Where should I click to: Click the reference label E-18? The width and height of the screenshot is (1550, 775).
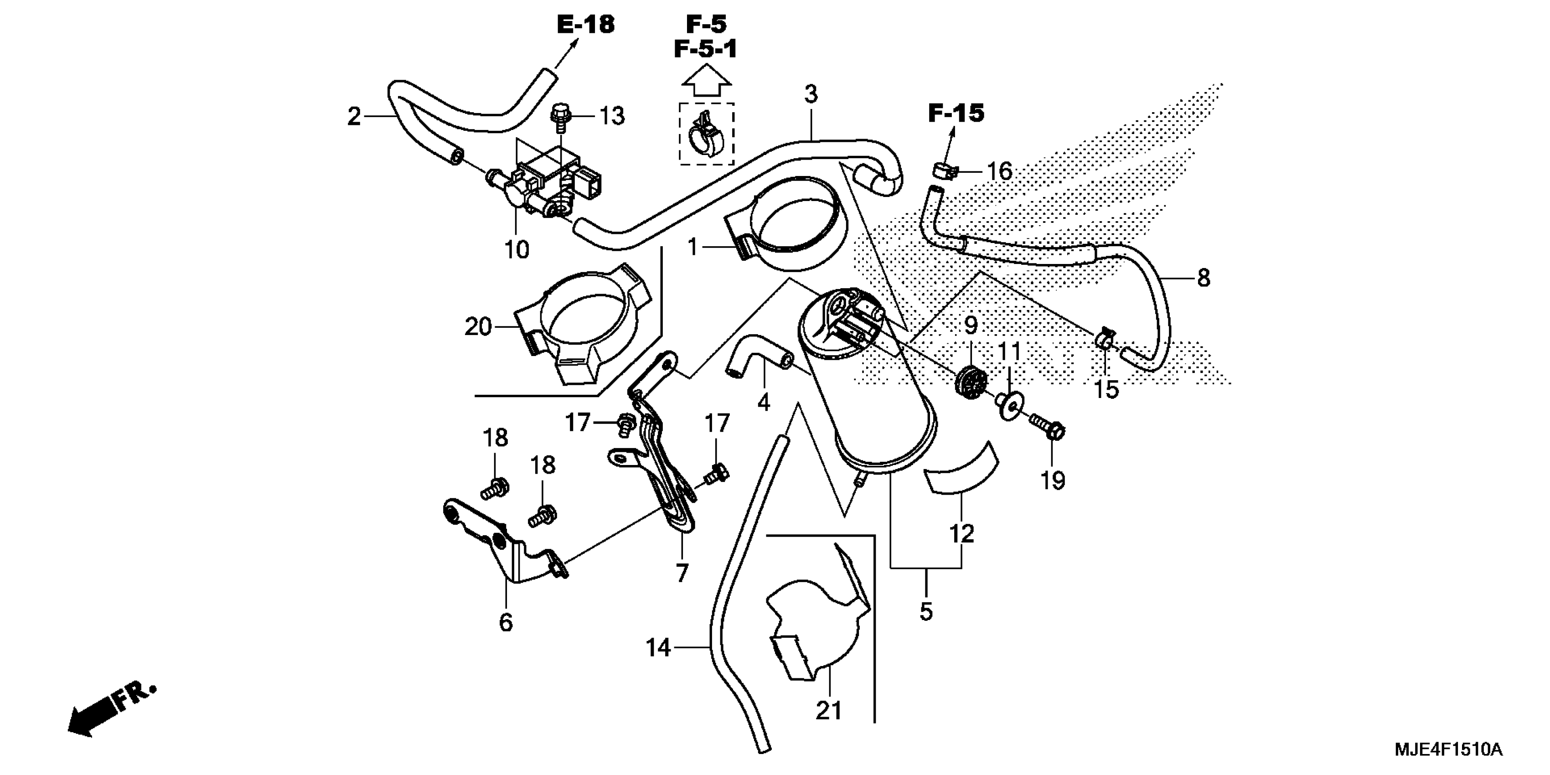tap(585, 25)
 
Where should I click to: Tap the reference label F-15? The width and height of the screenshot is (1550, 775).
tap(956, 113)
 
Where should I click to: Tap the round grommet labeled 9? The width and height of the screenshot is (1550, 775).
tap(971, 380)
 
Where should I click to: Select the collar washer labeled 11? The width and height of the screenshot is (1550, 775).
tap(1008, 406)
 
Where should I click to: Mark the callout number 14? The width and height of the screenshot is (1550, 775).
tap(658, 648)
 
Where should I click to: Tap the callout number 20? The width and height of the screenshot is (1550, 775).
tap(478, 327)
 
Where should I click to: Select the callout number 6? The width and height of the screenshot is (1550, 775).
tap(506, 623)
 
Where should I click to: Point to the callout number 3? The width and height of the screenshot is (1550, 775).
tap(811, 94)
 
